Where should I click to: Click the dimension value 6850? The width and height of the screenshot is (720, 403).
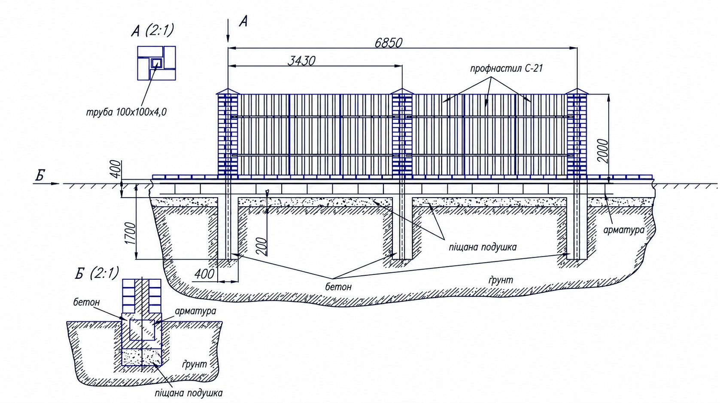point(388,43)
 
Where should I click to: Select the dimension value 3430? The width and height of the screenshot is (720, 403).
point(301,61)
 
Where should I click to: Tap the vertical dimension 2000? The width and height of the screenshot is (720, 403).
point(604,151)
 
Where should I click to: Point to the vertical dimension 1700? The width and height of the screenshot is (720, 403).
point(131,233)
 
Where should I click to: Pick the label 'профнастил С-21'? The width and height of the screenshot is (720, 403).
point(506,68)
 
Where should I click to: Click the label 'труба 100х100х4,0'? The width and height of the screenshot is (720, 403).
point(126,112)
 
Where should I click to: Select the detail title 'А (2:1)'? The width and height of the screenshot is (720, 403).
point(152,31)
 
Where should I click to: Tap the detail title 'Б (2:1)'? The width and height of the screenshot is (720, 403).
point(97,273)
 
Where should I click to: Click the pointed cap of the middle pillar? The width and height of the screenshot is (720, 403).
point(402,92)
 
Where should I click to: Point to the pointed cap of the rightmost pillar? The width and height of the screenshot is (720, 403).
point(577,92)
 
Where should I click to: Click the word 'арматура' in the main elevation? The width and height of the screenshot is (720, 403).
point(624,230)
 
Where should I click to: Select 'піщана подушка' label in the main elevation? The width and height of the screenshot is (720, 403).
point(483,247)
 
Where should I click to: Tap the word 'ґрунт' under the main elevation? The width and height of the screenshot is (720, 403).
point(501,281)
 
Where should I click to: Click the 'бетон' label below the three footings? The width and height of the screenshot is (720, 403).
point(338,287)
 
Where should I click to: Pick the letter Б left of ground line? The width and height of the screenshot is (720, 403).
point(40,176)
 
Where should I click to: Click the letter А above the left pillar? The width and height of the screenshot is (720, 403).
point(243,21)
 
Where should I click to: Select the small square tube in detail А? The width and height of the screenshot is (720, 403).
point(157,63)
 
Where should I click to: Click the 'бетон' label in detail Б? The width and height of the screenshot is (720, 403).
point(86,302)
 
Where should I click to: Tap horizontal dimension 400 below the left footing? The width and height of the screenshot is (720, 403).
point(204,274)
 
